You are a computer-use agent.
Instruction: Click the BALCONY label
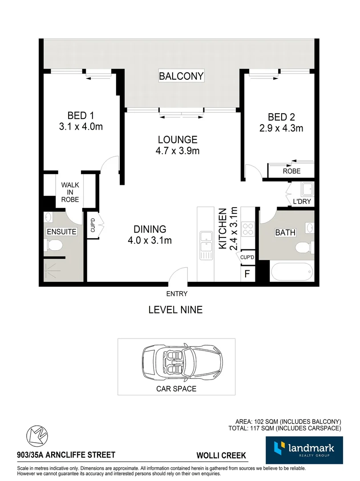click(181, 76)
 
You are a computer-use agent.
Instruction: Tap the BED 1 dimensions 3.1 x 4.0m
click(81, 126)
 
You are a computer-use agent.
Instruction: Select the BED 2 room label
click(281, 117)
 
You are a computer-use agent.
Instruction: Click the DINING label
click(150, 229)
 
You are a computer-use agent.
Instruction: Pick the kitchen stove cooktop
click(248, 229)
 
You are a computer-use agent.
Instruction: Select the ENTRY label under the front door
click(177, 293)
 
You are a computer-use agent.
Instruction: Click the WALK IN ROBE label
click(70, 192)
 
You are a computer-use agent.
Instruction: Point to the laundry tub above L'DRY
click(307, 190)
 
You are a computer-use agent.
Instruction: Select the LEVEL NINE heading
click(175, 310)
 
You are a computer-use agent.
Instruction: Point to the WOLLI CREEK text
click(222, 456)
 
